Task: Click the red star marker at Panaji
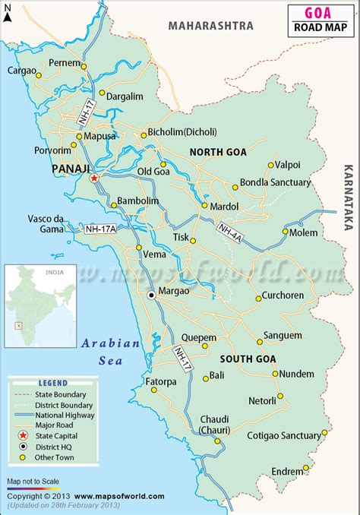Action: [x=94, y=178]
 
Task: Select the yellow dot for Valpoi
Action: [x=270, y=165]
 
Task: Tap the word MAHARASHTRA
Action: [x=210, y=26]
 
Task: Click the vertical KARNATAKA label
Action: [x=348, y=196]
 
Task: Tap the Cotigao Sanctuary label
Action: [x=284, y=436]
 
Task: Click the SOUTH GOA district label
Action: [x=248, y=359]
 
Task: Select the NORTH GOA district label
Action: [x=218, y=152]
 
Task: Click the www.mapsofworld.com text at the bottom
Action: [x=120, y=496]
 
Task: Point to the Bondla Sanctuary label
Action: [x=275, y=182]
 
